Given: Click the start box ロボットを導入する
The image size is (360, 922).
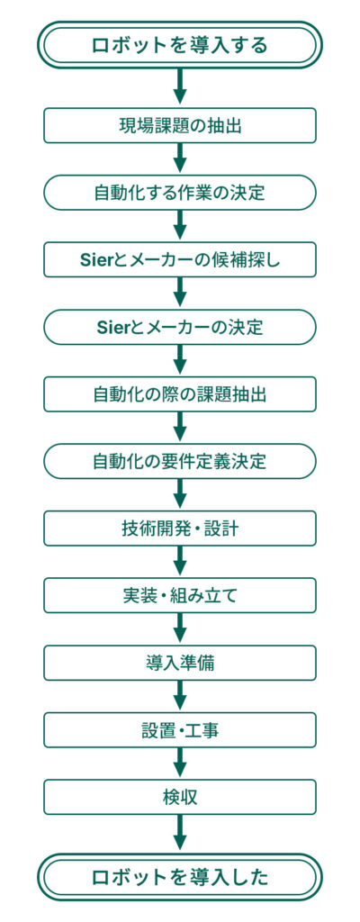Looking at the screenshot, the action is click(x=180, y=45).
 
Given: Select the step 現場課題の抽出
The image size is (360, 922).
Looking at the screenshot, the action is click(x=180, y=125).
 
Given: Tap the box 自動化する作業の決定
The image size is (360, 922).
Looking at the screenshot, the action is click(x=180, y=193).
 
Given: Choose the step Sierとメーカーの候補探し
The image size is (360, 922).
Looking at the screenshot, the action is click(x=180, y=260).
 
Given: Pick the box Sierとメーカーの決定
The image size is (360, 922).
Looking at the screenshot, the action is click(x=180, y=327).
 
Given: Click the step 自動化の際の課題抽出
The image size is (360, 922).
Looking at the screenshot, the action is click(x=180, y=394).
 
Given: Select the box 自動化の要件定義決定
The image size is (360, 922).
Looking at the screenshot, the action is click(x=180, y=462).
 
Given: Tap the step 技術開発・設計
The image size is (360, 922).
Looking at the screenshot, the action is click(x=180, y=529).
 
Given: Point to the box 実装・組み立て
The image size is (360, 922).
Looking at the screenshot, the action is click(x=180, y=596).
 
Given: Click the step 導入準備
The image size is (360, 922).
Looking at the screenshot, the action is click(x=180, y=663).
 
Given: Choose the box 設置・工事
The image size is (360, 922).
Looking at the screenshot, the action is click(x=180, y=730).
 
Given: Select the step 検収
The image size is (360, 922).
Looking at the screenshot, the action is click(x=180, y=798).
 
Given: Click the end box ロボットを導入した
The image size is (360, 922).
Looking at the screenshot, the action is click(x=180, y=877).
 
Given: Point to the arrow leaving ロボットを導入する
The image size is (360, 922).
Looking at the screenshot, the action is click(x=180, y=87).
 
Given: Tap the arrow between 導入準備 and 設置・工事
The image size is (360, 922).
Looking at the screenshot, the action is click(x=180, y=696).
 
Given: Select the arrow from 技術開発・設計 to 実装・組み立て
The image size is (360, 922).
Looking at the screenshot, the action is click(x=180, y=562).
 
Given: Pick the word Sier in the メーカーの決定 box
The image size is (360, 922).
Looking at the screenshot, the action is click(x=111, y=328).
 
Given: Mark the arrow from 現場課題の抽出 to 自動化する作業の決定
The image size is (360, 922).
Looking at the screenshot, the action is click(x=180, y=158).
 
